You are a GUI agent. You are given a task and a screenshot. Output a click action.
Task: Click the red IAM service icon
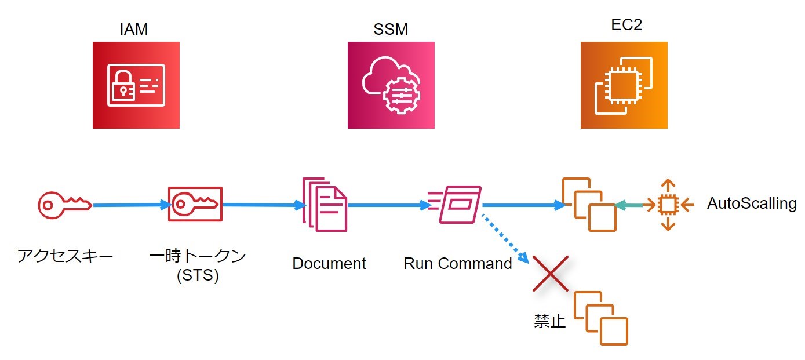[x=136, y=85]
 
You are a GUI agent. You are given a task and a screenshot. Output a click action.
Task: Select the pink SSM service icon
[x=391, y=85]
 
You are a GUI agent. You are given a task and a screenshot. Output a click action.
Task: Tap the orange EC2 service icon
[x=624, y=85]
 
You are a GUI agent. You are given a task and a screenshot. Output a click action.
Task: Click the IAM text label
[x=133, y=30]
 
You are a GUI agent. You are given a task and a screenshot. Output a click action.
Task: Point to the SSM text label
[x=390, y=30]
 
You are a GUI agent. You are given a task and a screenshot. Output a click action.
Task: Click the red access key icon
[x=64, y=205]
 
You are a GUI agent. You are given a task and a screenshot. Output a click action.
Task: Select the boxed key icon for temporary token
[x=195, y=204]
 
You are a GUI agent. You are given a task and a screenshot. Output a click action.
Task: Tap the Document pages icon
[x=325, y=204]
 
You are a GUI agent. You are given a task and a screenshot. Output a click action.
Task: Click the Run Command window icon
[x=456, y=205]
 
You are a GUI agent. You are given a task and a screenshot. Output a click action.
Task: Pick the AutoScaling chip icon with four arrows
[x=668, y=205]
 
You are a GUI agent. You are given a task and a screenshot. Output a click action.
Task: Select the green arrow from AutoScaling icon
[x=629, y=205]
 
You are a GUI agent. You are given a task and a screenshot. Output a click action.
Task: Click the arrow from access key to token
[x=131, y=205]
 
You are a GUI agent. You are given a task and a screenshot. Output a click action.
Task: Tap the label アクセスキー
[x=65, y=256]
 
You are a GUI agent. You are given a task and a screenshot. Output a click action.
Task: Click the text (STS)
[x=198, y=275]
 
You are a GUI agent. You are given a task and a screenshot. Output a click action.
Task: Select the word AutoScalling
[x=752, y=203]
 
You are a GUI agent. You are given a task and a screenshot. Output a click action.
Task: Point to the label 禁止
[x=549, y=321]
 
